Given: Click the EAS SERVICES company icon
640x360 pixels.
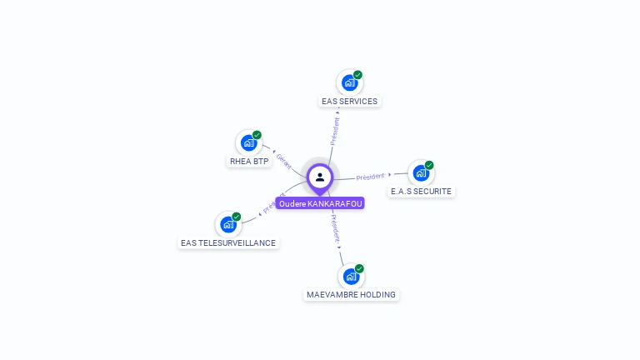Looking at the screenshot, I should [x=349, y=83].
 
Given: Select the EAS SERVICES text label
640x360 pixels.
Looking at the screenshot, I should [x=349, y=102].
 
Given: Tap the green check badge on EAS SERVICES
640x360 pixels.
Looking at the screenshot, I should [x=357, y=75].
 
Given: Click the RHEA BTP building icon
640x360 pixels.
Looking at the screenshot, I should [x=248, y=142].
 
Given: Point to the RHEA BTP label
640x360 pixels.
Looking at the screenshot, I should [x=249, y=162].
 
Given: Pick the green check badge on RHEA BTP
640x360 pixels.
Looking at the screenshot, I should [x=257, y=135].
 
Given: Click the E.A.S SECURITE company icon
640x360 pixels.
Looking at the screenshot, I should [x=421, y=173].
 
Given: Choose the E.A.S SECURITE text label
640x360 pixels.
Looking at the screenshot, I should [x=421, y=192].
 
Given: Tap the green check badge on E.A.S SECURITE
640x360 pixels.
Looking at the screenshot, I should [x=429, y=165].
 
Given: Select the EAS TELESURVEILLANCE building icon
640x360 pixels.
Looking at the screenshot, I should [x=228, y=224].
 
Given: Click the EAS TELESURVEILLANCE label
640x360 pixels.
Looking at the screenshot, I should [x=228, y=243].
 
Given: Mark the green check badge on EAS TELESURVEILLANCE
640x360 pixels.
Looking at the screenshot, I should [x=237, y=217].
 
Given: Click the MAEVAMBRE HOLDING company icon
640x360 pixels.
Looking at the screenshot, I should [x=351, y=276].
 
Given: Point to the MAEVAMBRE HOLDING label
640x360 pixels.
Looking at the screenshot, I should [x=351, y=295].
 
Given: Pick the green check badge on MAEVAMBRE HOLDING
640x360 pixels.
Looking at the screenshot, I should [x=359, y=268].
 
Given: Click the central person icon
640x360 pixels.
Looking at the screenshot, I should [x=320, y=177].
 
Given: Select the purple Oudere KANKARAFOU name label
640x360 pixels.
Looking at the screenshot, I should [x=320, y=203].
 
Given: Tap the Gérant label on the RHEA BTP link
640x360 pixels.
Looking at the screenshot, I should [x=283, y=160].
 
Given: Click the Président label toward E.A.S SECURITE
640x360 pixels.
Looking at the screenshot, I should [x=370, y=177].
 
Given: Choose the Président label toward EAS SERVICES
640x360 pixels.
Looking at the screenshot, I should [x=335, y=131].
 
